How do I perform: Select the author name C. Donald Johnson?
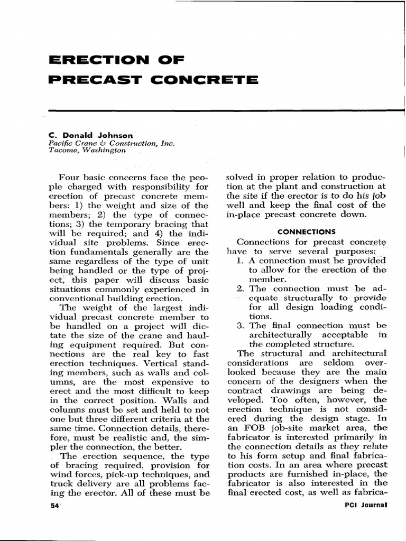[91, 135]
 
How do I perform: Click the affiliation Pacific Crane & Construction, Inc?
[111, 143]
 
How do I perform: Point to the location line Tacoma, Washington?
[87, 150]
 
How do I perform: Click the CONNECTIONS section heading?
[299, 231]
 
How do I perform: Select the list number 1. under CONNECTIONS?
[241, 260]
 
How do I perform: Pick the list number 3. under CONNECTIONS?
[241, 325]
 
